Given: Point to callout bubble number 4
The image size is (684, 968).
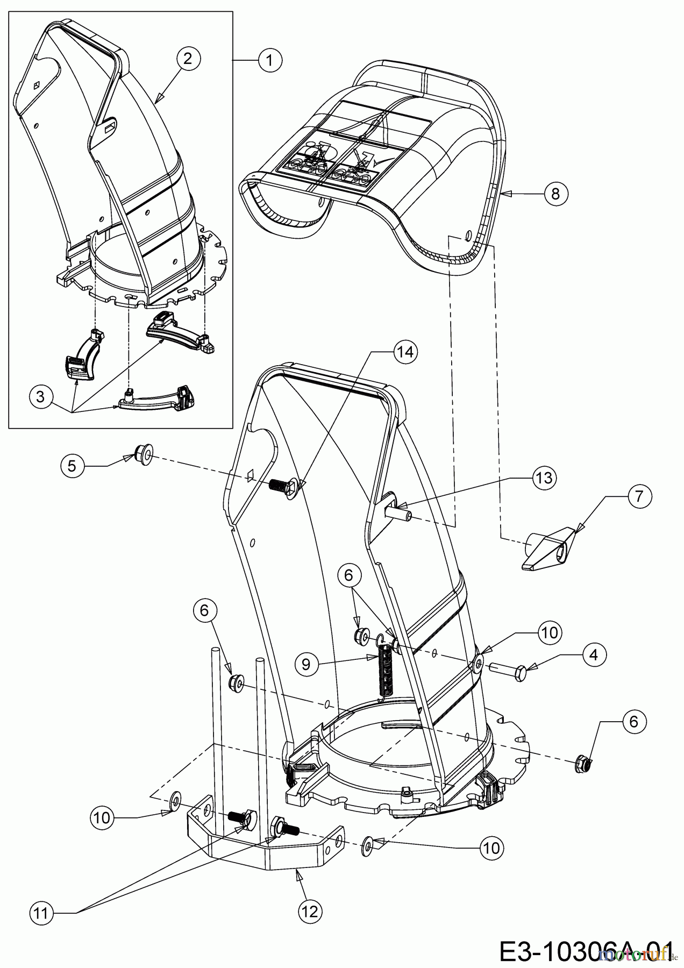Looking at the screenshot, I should [593, 654].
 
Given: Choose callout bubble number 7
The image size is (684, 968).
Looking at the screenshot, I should [638, 496].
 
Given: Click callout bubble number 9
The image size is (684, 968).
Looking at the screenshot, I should [306, 664].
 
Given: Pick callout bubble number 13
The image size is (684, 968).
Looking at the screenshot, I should [544, 478].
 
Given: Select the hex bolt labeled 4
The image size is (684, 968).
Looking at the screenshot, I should [508, 673].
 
